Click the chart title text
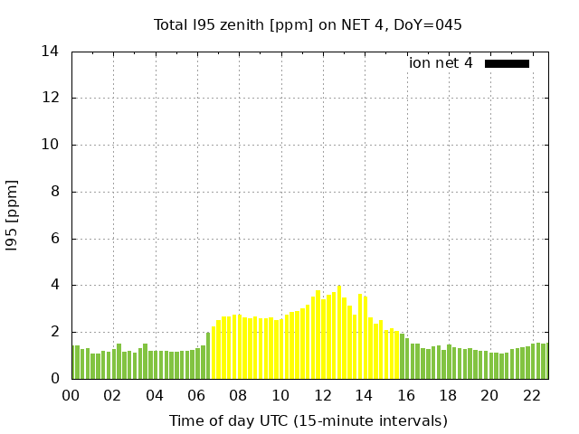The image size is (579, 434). [308, 24]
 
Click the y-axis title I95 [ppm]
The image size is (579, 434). [13, 216]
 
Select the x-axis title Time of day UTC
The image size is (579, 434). [308, 420]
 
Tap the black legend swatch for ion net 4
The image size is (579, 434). [507, 63]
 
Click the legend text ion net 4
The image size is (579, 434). [441, 63]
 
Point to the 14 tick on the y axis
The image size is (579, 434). [50, 52]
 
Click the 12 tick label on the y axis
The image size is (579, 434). [50, 99]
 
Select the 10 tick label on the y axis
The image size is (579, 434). [50, 145]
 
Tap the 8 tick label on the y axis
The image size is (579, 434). [54, 192]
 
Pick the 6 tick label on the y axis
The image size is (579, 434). [54, 239]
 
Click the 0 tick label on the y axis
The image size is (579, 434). [54, 379]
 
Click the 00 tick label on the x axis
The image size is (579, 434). [71, 396]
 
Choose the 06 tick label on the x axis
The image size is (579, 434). [196, 396]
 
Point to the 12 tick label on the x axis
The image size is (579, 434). [322, 396]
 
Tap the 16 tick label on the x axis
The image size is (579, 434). [406, 396]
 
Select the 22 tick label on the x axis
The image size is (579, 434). [532, 396]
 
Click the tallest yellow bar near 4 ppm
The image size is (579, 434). [339, 333]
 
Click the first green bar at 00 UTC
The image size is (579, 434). [75, 363]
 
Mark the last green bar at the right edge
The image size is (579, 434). [545, 361]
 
